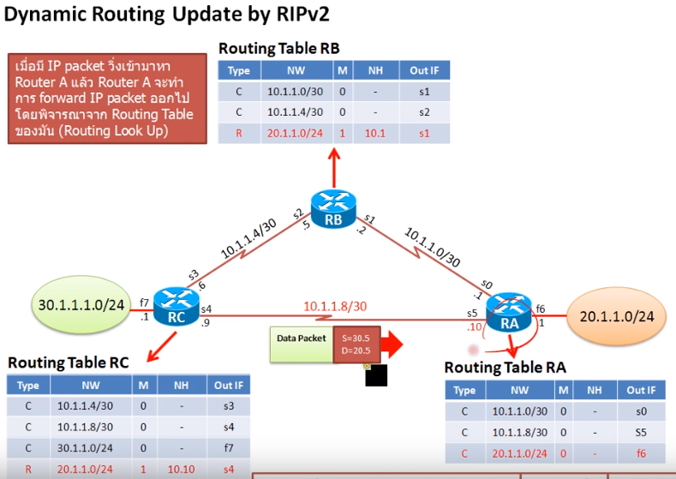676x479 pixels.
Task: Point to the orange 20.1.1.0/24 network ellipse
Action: tap(616, 316)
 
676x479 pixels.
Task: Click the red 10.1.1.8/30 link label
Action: tap(335, 306)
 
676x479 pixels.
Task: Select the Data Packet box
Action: tap(301, 339)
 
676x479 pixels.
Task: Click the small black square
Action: tap(376, 375)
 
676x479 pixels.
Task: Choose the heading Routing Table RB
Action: tap(278, 49)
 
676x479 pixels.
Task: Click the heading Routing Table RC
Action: tap(69, 362)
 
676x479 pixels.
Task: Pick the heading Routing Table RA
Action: tap(505, 368)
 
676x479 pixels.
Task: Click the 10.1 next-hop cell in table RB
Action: tap(374, 134)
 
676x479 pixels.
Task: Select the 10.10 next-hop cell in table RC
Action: tap(177, 470)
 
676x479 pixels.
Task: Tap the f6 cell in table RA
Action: tap(641, 454)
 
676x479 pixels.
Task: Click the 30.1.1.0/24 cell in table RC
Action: tap(84, 448)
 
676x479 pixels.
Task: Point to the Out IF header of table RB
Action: tap(424, 70)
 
